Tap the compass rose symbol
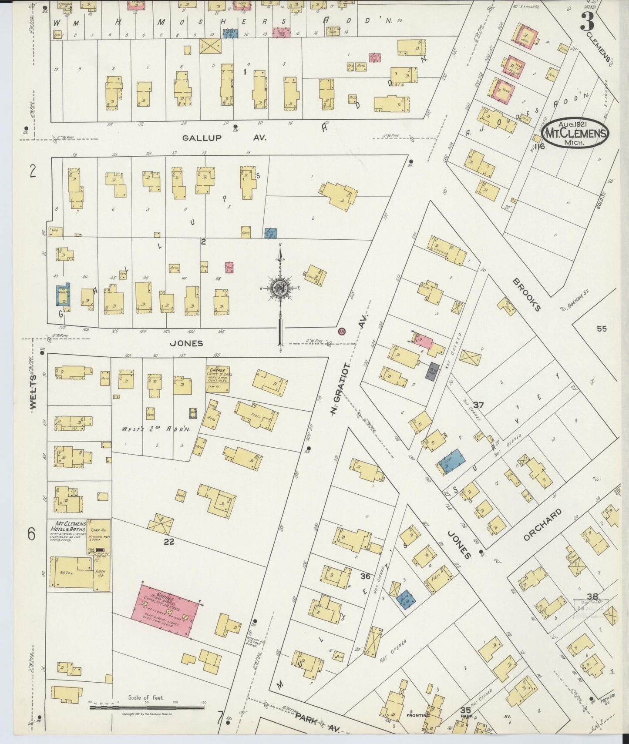pos(280,288)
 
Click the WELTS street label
pos(34,392)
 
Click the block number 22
pos(169,541)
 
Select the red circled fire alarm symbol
pos(342,331)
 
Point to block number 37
pos(478,405)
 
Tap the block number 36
pos(365,576)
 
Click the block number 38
pos(592,597)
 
